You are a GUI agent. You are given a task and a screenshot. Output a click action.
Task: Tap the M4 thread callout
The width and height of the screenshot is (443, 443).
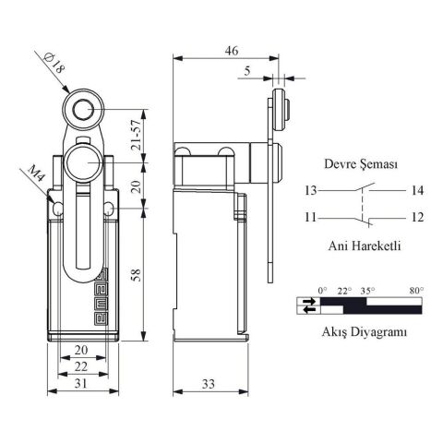[36, 174]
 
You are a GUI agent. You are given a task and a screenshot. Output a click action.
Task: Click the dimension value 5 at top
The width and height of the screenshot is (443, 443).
[247, 69]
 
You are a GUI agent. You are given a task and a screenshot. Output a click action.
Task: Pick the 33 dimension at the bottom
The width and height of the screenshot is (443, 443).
[211, 382]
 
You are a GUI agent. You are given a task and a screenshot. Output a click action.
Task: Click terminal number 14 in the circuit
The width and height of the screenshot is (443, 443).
[416, 191]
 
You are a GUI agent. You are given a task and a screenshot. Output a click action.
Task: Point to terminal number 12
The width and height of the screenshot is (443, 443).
[416, 219]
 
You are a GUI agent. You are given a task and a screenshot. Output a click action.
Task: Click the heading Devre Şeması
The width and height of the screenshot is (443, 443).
[361, 164]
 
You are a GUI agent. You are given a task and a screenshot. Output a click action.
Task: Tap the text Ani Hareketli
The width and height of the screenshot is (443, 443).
[361, 246]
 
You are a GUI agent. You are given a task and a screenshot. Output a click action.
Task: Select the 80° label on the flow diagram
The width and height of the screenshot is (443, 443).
[416, 291]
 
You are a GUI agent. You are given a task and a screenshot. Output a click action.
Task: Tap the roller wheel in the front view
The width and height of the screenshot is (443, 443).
[79, 112]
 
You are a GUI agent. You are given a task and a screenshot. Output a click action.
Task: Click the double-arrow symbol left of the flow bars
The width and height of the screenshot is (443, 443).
[307, 305]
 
